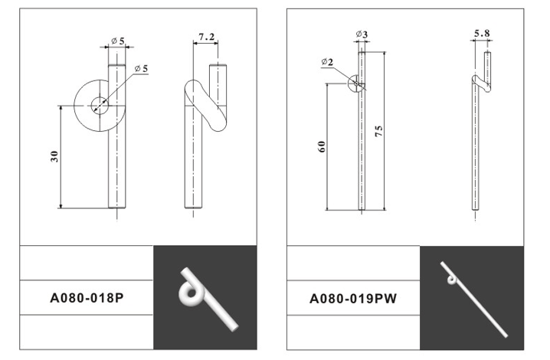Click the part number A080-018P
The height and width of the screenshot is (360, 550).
coord(87,298)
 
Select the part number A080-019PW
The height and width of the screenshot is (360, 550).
coord(353,299)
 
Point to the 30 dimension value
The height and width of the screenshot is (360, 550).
coord(54,156)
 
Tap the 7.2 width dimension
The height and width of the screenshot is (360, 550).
coord(206,37)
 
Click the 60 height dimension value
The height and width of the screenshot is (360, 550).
coord(321,146)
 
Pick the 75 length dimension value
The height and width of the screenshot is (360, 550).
coord(379,131)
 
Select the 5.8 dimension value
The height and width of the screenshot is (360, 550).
coord(482,34)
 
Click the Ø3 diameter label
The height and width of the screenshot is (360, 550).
coord(362,34)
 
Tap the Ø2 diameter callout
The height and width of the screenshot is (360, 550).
coord(327,62)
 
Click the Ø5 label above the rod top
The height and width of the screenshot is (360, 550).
coord(118,41)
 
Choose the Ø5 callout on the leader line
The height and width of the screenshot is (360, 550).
coord(142,68)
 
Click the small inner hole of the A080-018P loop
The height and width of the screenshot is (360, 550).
coord(100,106)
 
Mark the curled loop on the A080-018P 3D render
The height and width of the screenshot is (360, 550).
coord(189,293)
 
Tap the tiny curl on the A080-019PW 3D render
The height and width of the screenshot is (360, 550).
coord(451,280)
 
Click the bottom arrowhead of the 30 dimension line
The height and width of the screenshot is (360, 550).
coord(61,206)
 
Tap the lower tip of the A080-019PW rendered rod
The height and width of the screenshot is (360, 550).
coord(506,335)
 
